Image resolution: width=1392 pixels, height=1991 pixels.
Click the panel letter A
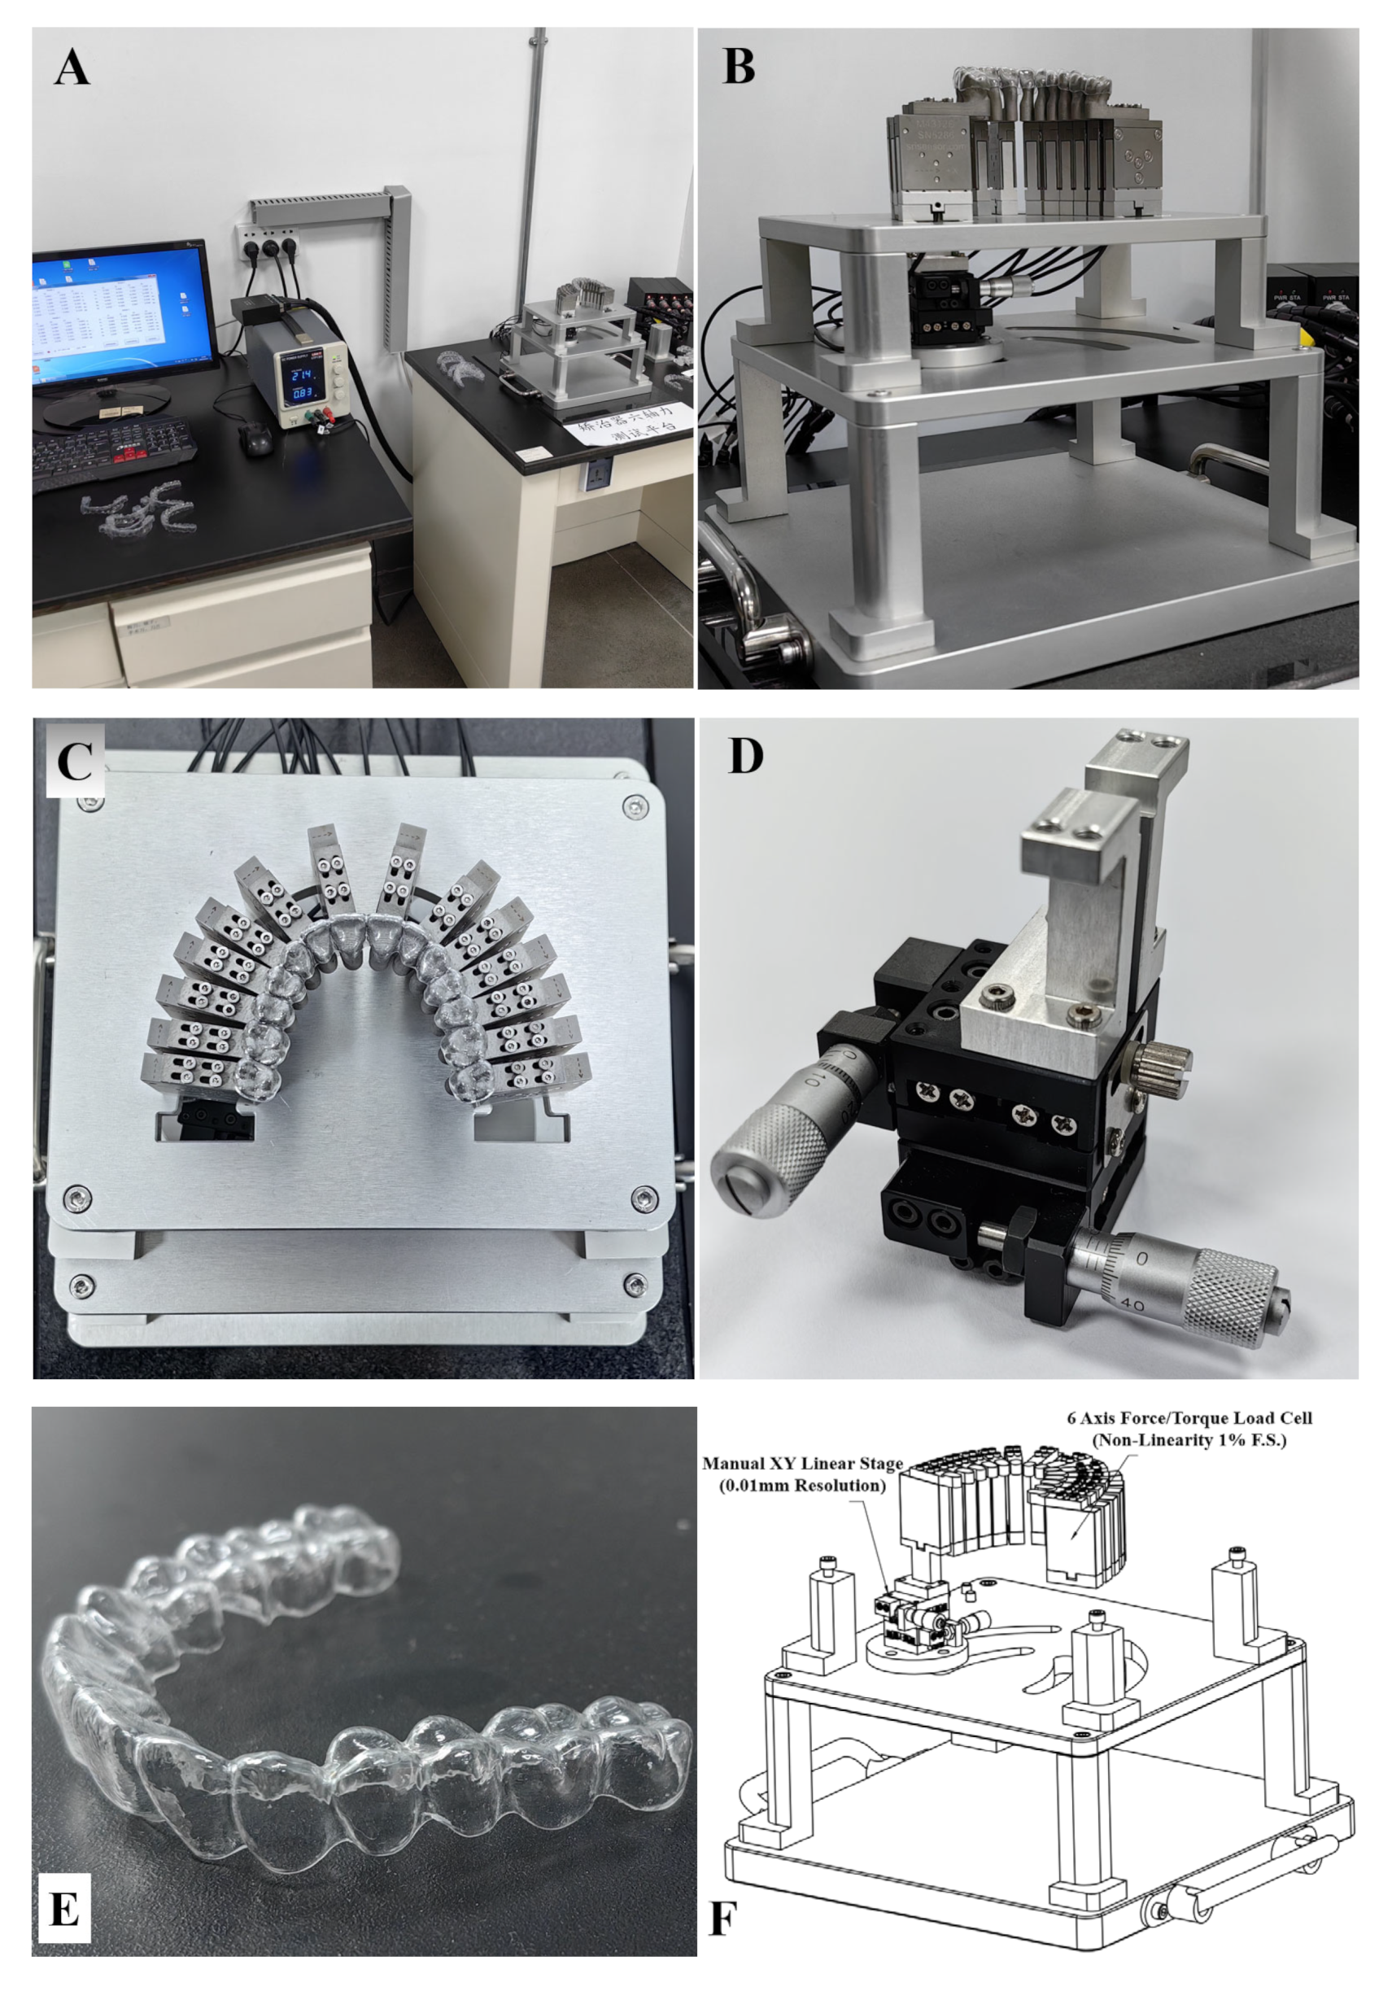point(71,68)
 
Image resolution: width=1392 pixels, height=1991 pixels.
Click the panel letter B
point(738,67)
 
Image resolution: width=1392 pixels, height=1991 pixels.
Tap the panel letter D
point(745,757)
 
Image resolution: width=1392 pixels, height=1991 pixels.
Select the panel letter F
point(722,1918)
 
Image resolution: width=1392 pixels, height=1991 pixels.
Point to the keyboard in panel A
point(113,448)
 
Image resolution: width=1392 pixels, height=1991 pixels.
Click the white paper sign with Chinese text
point(627,421)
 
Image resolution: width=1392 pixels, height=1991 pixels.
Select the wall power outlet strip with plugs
point(271,246)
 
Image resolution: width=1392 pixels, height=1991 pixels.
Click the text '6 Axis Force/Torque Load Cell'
point(1188,1419)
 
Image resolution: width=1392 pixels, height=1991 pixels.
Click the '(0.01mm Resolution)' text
point(801,1486)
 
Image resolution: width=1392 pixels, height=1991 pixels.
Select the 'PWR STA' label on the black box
point(1287,298)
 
